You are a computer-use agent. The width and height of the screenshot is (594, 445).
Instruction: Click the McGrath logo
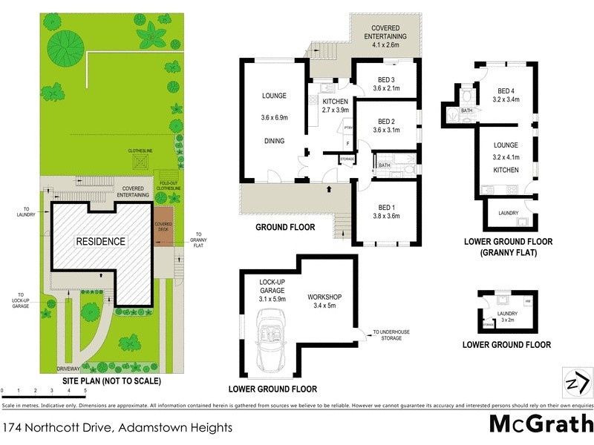(541, 425)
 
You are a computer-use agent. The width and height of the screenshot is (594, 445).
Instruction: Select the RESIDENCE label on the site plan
(100, 242)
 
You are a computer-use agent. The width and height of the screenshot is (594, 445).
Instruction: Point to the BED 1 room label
(385, 206)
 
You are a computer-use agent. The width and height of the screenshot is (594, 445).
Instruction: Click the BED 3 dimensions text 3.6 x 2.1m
(385, 88)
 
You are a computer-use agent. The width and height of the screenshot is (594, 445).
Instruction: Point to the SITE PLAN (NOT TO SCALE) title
(111, 381)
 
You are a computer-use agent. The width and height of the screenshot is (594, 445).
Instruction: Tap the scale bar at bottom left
(44, 388)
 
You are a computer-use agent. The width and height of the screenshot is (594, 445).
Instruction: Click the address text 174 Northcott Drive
(118, 427)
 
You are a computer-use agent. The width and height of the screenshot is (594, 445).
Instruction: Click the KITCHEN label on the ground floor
(335, 101)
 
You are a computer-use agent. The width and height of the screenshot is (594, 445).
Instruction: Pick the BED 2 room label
(385, 122)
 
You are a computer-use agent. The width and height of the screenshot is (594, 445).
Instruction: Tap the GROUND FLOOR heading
(285, 227)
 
